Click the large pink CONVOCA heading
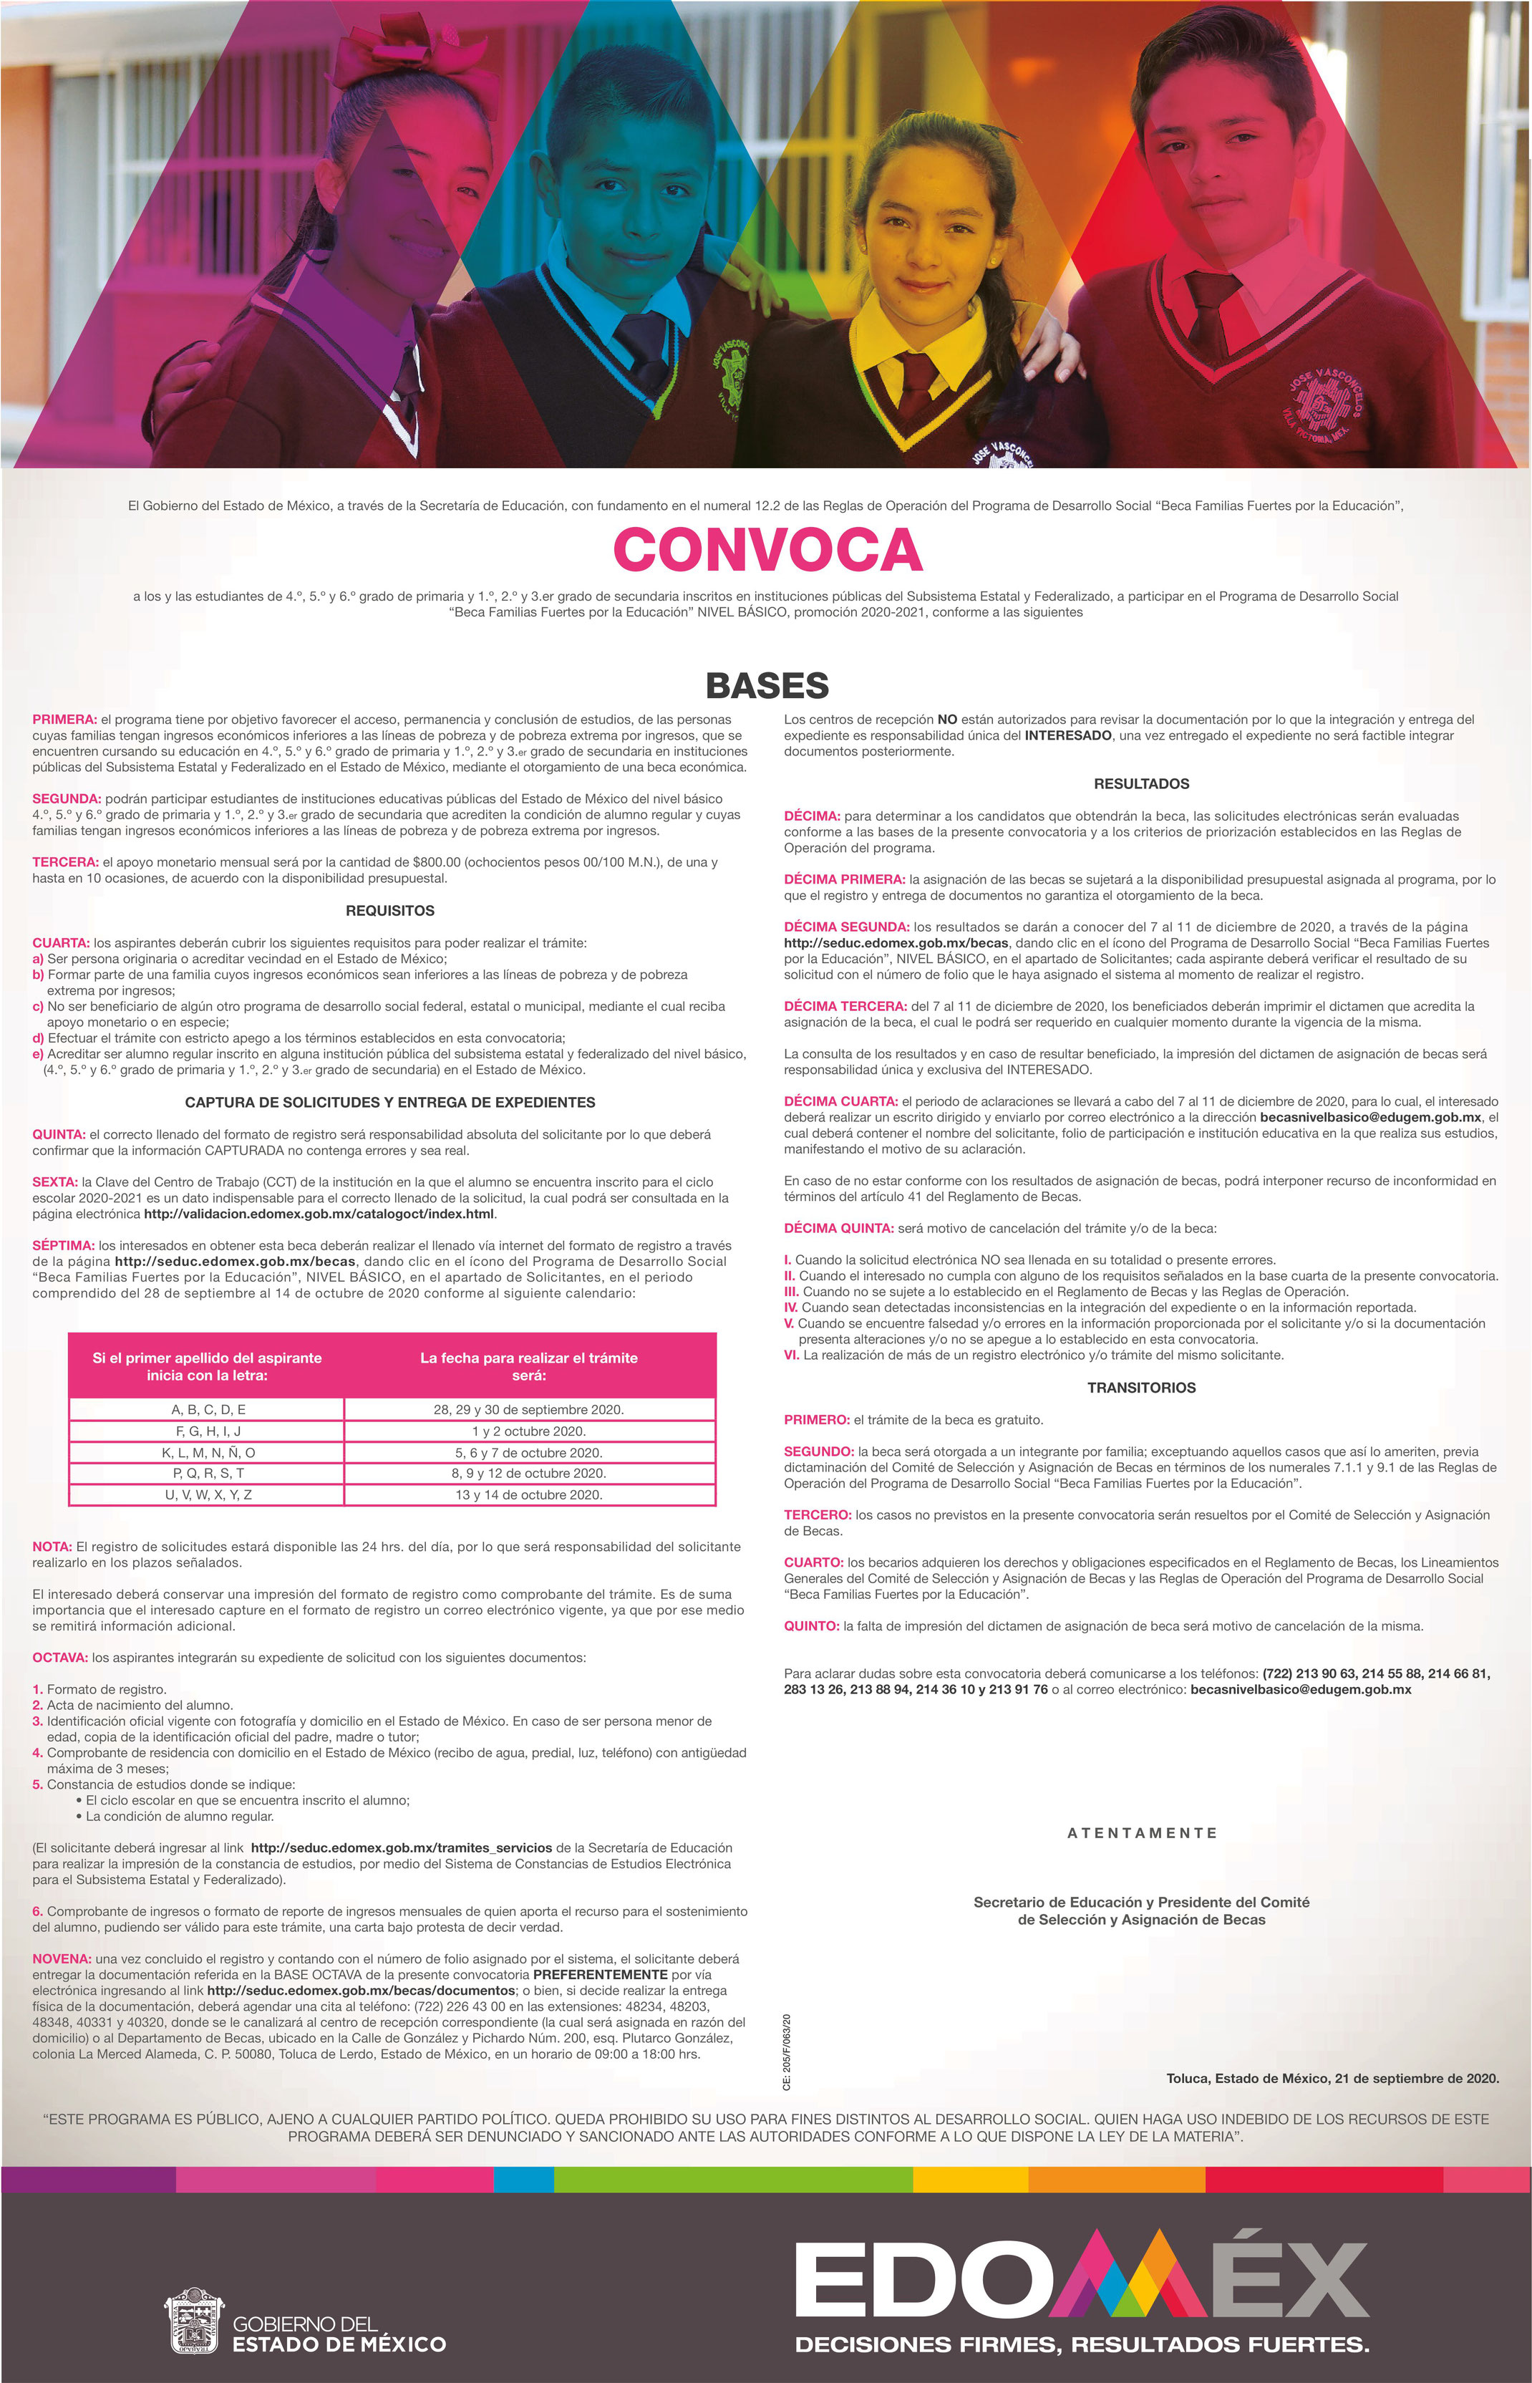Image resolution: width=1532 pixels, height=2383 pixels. tap(767, 549)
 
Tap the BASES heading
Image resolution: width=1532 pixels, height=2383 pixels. tap(767, 685)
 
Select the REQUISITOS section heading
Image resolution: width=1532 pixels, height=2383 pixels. tap(390, 910)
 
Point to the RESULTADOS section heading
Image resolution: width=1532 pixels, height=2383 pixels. tap(1141, 784)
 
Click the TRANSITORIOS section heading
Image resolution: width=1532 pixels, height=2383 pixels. tap(1141, 1387)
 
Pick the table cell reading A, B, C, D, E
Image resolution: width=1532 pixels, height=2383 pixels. tap(208, 1409)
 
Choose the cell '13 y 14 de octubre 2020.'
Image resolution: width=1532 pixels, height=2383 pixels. tap(528, 1494)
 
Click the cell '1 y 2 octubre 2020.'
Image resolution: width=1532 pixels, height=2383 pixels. tap(528, 1431)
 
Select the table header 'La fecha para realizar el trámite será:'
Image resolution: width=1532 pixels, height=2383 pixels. tap(528, 1366)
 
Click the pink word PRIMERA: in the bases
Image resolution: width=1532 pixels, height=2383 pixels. tap(64, 720)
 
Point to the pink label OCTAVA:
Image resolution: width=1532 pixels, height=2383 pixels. tap(61, 1658)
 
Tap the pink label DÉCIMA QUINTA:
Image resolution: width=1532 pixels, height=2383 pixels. tap(838, 1228)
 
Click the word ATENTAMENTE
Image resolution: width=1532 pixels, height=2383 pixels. tap(1141, 1833)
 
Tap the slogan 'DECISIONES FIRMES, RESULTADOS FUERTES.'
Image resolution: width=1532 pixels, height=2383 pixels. tap(1082, 2345)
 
